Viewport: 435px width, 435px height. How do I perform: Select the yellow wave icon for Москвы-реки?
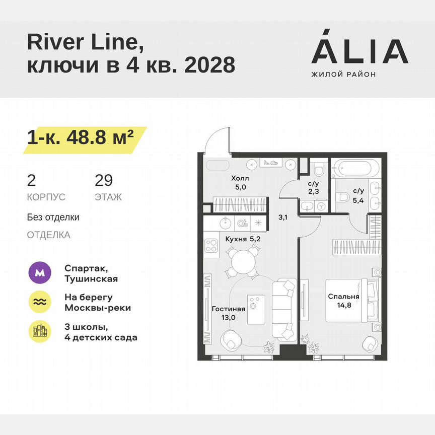40,302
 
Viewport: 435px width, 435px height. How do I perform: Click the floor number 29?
104,180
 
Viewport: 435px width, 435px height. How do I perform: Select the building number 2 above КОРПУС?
31,180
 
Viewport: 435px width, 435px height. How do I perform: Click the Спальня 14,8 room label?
344,301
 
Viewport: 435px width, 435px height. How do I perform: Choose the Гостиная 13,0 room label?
228,313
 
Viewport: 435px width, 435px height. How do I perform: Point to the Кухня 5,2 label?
243,239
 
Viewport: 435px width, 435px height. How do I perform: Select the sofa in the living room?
283,309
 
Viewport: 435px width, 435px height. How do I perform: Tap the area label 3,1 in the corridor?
283,217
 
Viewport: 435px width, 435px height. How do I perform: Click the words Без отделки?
53,217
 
